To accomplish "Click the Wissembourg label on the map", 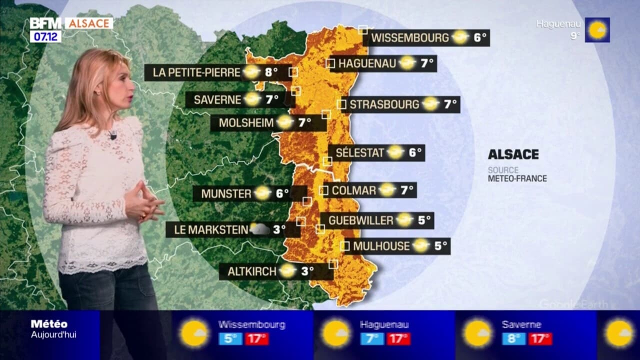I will [410, 37].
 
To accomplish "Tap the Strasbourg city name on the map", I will [384, 104].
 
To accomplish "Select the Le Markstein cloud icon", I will [259, 229].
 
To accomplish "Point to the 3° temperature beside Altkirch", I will [307, 271].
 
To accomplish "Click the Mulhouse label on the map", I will [381, 246].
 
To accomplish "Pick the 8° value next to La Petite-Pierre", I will [271, 72].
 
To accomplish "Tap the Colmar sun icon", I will [387, 190].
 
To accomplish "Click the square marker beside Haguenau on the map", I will [330, 63].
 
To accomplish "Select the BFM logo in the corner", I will [45, 23].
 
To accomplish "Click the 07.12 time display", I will [45, 36].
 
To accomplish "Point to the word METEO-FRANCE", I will [517, 178].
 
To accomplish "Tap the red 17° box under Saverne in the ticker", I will [540, 338].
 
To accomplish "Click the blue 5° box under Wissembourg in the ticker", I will [230, 338].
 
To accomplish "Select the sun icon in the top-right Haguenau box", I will [597, 30].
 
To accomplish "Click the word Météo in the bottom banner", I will [49, 324].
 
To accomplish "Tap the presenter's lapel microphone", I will [112, 134].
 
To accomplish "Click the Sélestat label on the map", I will [359, 152].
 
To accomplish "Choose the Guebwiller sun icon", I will [404, 220].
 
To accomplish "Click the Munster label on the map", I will [226, 193].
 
